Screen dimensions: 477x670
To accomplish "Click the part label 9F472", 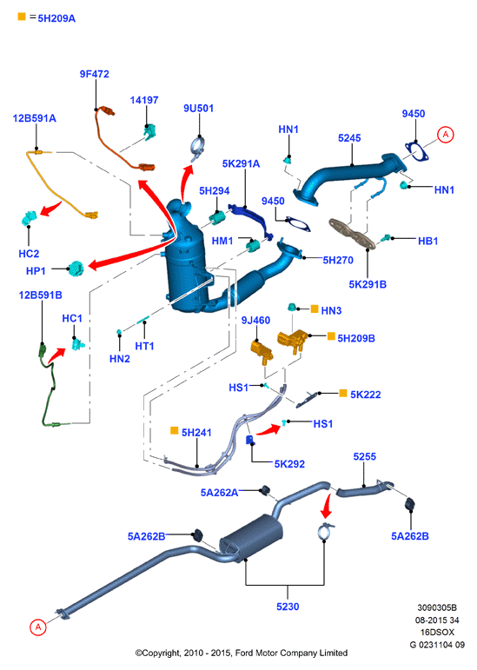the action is pyautogui.click(x=95, y=74).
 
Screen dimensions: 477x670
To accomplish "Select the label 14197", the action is pyautogui.click(x=144, y=100).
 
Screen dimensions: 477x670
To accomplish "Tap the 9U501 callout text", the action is pyautogui.click(x=199, y=108).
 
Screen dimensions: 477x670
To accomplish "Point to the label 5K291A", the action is pyautogui.click(x=241, y=163).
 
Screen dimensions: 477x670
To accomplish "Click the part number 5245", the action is pyautogui.click(x=349, y=138).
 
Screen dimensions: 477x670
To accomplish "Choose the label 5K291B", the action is pyautogui.click(x=368, y=284).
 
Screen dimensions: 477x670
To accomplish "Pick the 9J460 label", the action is pyautogui.click(x=255, y=320).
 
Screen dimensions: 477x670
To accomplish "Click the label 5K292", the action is pyautogui.click(x=289, y=464).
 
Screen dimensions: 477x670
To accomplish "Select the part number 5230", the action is pyautogui.click(x=288, y=607).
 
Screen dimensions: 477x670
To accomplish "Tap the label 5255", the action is pyautogui.click(x=365, y=456).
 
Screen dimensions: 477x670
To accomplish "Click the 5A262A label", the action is pyautogui.click(x=220, y=493).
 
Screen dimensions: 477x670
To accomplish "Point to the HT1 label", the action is pyautogui.click(x=144, y=346).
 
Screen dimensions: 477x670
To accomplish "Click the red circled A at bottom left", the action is pyautogui.click(x=38, y=627).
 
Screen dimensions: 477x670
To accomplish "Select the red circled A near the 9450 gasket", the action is pyautogui.click(x=446, y=135).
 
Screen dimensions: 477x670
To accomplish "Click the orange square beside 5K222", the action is pyautogui.click(x=343, y=393).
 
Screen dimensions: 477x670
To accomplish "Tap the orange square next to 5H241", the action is pyautogui.click(x=175, y=430).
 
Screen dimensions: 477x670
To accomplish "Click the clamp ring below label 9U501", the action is pyautogui.click(x=198, y=149).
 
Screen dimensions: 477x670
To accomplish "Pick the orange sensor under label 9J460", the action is pyautogui.click(x=262, y=351).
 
